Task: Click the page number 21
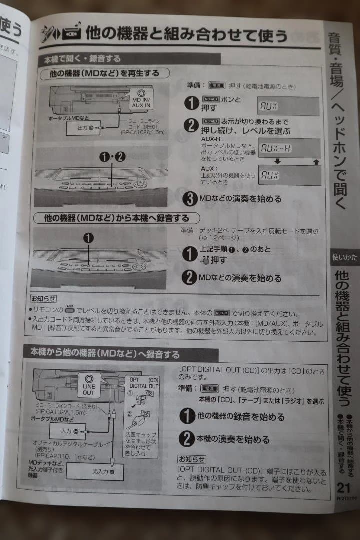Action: pos(344,487)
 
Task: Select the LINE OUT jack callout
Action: pos(88,385)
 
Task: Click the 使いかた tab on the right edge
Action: pos(344,257)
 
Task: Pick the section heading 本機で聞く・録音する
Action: pos(82,59)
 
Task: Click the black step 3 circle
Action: pos(190,199)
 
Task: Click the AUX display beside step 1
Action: pos(288,106)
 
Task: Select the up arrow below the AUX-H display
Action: pos(314,162)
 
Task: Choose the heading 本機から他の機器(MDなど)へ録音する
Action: pos(105,355)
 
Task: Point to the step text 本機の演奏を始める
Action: pos(234,440)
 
